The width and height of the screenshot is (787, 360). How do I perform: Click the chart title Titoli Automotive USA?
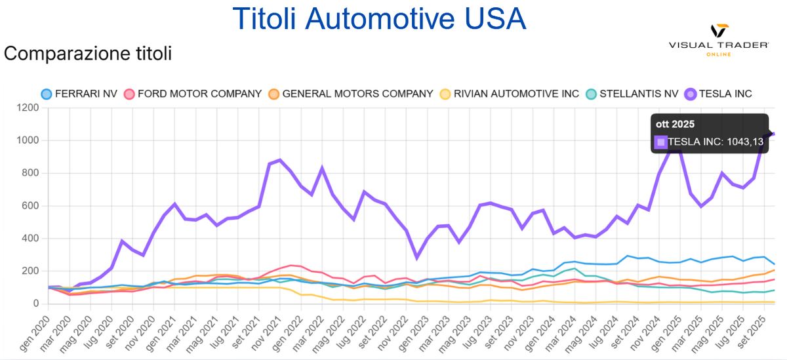coord(380,18)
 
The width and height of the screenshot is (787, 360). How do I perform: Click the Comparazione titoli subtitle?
coord(88,53)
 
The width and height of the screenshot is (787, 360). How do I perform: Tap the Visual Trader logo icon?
coord(719,31)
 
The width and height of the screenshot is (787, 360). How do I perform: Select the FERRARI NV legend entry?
coord(79,94)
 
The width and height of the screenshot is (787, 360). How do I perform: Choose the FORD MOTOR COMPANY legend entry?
coord(193,94)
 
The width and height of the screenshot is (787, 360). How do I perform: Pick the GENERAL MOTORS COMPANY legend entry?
coord(350,94)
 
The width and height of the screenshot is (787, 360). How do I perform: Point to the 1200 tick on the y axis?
coord(28,108)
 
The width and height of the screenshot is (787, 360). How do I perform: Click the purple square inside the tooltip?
coord(660,141)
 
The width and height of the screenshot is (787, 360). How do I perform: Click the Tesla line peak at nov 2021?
coord(280,160)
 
